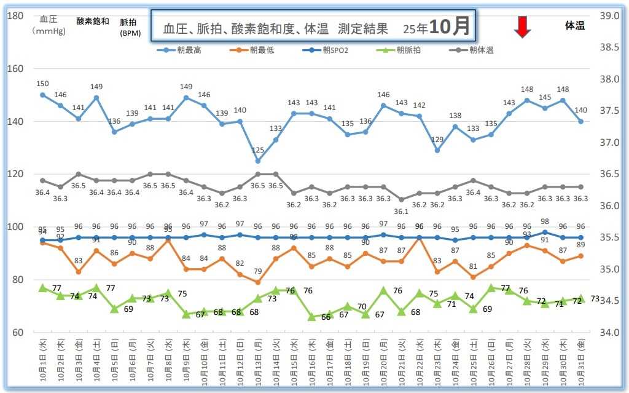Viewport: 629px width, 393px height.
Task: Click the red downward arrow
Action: click(x=522, y=27)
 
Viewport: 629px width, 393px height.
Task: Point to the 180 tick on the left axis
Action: click(x=15, y=15)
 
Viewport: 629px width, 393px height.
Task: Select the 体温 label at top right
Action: click(x=575, y=25)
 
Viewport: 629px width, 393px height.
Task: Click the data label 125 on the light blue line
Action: click(x=258, y=150)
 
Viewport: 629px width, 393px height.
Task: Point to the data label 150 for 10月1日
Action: click(x=42, y=84)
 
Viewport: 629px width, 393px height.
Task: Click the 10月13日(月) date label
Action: click(x=258, y=362)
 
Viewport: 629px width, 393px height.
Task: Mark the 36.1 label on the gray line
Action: click(x=401, y=211)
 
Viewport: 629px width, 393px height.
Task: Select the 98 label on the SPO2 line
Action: click(x=545, y=221)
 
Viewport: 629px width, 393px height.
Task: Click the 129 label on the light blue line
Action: click(x=437, y=140)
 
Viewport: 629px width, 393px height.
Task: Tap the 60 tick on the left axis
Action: click(x=15, y=333)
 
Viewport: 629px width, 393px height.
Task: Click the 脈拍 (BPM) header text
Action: click(x=128, y=28)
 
